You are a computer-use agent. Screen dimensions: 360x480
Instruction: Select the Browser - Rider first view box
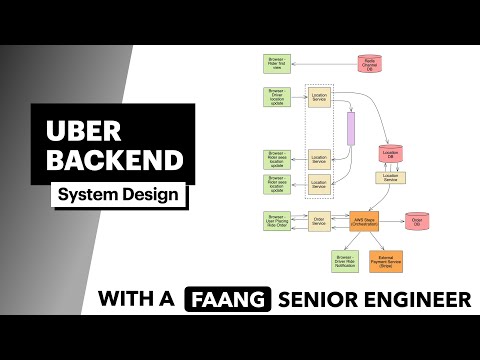276,64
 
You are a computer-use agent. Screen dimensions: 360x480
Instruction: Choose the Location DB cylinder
390,154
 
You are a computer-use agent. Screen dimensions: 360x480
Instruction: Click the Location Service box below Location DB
390,177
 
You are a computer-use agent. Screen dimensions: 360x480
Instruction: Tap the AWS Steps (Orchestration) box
363,221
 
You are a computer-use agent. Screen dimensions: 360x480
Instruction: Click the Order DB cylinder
418,220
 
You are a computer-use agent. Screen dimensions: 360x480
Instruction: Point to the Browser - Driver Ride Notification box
345,262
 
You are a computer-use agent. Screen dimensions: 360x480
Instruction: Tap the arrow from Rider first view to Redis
324,64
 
